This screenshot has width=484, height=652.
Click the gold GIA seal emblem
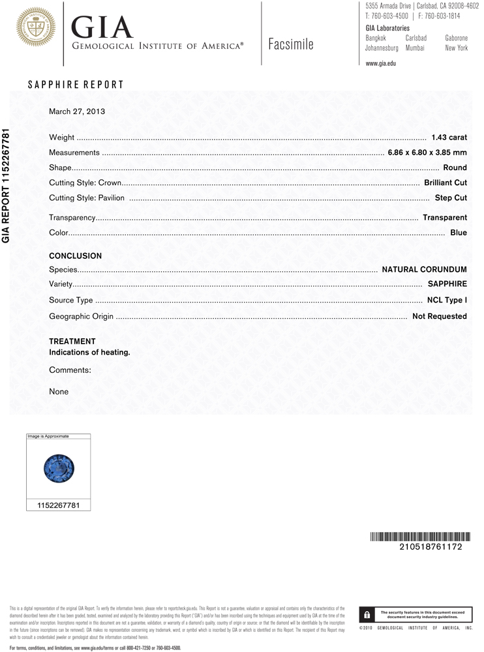(x=35, y=27)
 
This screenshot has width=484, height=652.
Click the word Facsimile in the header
(x=291, y=44)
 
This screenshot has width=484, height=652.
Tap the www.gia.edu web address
(x=381, y=63)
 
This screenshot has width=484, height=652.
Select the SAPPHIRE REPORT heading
(x=76, y=85)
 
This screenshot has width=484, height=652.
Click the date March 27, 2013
(x=77, y=111)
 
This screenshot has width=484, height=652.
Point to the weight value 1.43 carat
(x=449, y=138)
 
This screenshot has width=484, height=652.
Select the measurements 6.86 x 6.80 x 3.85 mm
(x=427, y=153)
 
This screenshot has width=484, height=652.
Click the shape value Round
(x=455, y=168)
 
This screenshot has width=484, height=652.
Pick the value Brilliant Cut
(x=446, y=183)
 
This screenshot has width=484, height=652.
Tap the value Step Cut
(x=451, y=198)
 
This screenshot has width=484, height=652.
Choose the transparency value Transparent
(x=445, y=217)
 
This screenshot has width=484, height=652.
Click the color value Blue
(x=459, y=232)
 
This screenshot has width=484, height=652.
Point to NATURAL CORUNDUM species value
(x=424, y=269)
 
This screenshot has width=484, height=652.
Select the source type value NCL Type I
(x=447, y=300)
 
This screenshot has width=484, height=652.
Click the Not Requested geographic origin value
(x=440, y=316)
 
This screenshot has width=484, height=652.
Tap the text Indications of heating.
(x=90, y=352)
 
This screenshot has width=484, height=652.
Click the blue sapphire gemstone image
(x=59, y=469)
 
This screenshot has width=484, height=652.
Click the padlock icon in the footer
(x=367, y=614)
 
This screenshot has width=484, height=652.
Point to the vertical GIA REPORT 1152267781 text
(x=7, y=185)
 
